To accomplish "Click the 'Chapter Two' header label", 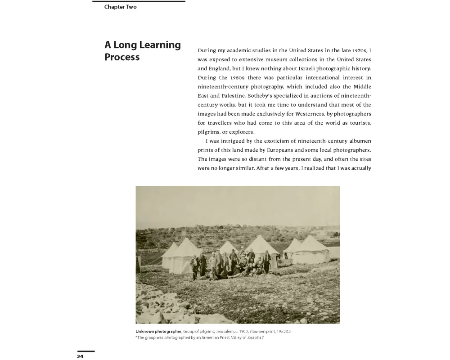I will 120,7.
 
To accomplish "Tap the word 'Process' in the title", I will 122,57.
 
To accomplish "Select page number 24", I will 80,356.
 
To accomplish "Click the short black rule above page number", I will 86,351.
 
